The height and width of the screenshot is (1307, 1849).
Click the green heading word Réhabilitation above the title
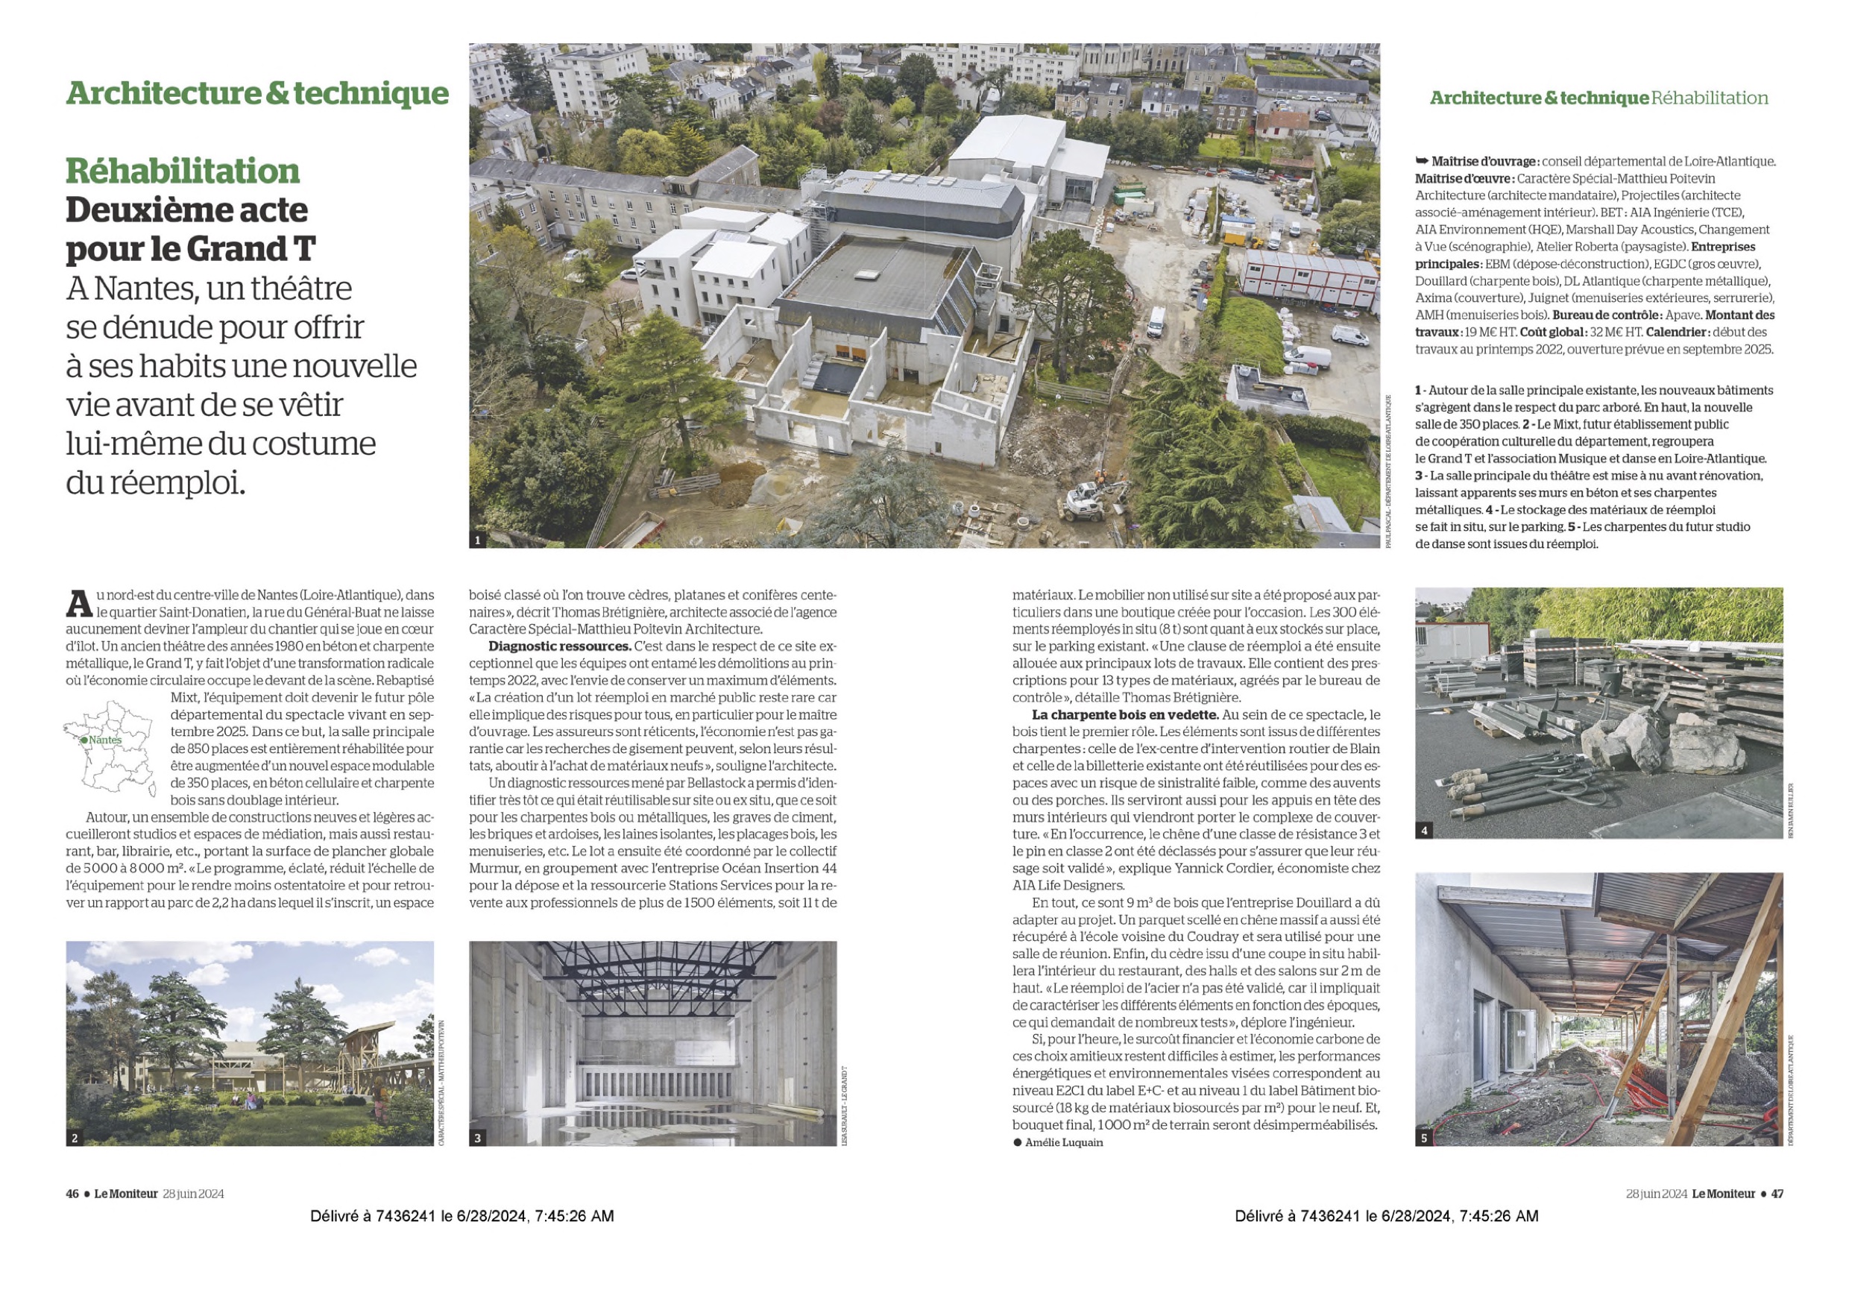[x=182, y=171]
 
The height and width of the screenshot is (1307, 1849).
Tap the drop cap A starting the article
[x=78, y=604]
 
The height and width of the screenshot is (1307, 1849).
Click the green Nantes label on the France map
[x=104, y=740]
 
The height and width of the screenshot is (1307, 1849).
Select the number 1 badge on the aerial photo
[x=478, y=541]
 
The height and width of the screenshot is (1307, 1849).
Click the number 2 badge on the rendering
[x=75, y=1138]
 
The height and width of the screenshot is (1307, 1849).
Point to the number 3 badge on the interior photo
[x=479, y=1138]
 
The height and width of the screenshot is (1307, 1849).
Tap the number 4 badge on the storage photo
[x=1425, y=831]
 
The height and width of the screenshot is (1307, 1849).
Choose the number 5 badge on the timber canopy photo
[x=1425, y=1138]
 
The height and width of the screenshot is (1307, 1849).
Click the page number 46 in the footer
[x=72, y=1194]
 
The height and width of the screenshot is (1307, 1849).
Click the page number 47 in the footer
[x=1777, y=1194]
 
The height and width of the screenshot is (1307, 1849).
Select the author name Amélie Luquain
[x=1064, y=1143]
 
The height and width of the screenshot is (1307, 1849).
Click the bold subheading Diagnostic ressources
[x=559, y=646]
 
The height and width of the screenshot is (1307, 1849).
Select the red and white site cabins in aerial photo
[x=1308, y=271]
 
